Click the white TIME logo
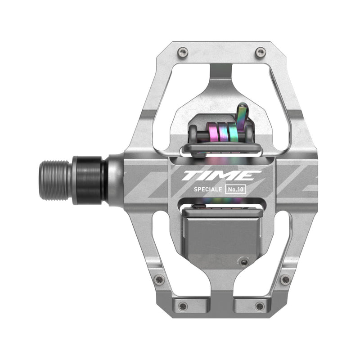(221, 175)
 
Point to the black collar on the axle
(89, 180)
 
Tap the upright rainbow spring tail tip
(243, 108)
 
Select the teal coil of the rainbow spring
(232, 131)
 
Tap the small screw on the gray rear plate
(244, 262)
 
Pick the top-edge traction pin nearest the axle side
(182, 52)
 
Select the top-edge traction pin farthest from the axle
(260, 53)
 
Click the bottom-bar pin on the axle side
(183, 306)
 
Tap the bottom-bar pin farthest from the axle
(260, 306)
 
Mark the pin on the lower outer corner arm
(285, 279)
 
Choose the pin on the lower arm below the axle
(159, 279)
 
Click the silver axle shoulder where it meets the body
(115, 180)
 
